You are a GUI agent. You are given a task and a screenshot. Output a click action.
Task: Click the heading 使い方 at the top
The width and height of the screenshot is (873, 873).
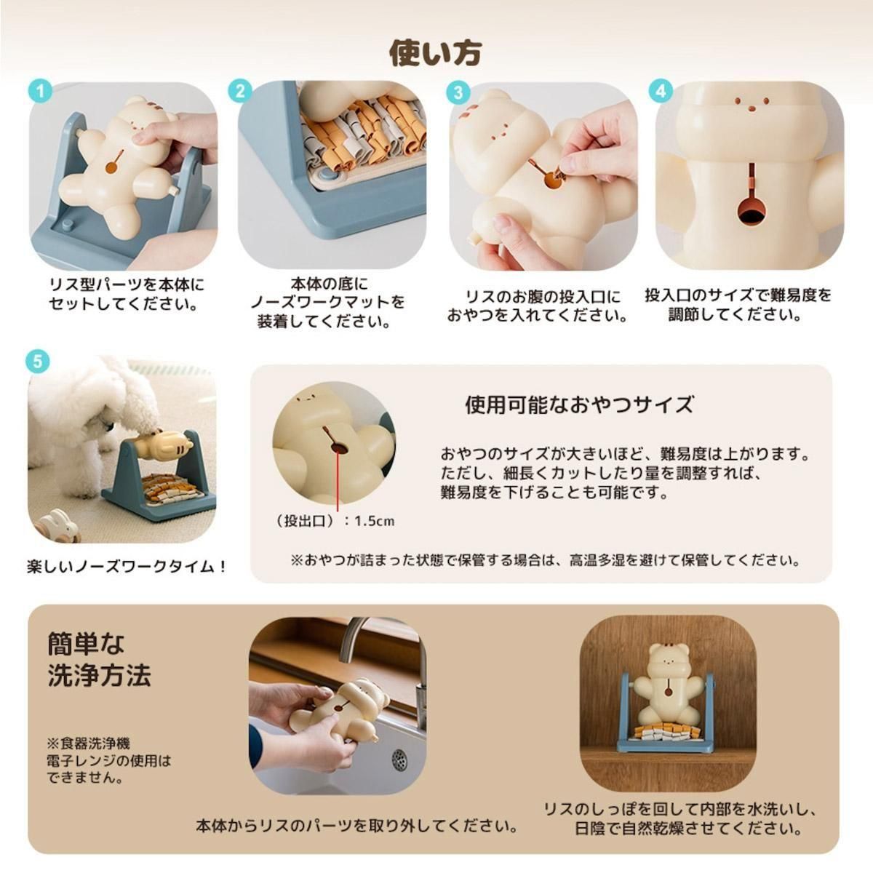pos(435,53)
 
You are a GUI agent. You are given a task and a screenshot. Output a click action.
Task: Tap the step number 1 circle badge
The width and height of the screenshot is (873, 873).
pos(40,92)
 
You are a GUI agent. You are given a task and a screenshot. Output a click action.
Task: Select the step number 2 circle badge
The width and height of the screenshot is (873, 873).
pos(240,92)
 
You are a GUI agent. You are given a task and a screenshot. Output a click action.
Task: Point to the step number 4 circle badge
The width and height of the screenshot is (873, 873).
pos(661,92)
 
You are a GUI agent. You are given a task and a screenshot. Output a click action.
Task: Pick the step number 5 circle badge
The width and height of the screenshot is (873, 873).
pos(39,362)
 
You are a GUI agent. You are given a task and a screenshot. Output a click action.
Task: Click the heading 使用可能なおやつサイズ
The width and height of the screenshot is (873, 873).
pos(579,404)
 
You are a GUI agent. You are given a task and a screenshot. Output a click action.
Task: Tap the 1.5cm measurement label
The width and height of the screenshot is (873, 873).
pos(374,521)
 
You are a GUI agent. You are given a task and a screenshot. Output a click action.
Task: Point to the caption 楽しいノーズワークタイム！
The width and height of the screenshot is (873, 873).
pos(127,567)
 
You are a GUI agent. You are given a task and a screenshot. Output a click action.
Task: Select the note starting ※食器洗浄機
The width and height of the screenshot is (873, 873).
pos(109,761)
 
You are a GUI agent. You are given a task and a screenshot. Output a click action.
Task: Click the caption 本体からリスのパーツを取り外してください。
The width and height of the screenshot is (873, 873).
pos(357,826)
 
